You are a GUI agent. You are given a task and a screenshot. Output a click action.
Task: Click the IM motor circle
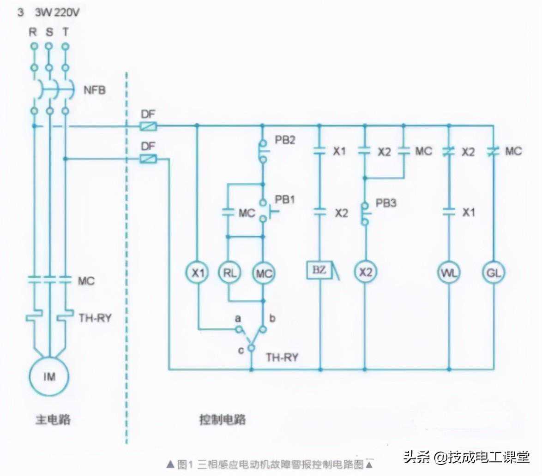point(49,376)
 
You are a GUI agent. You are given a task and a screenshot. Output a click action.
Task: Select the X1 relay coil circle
point(198,273)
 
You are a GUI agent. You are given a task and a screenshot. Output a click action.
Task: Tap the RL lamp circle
point(229,273)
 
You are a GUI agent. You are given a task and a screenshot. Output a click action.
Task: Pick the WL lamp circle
point(449,273)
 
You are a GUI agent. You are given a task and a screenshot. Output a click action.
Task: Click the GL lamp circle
point(493,273)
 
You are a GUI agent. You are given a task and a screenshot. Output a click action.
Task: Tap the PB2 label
point(285,140)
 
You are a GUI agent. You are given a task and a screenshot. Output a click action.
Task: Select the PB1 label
point(285,200)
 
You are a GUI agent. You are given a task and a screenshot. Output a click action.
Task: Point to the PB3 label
point(386,203)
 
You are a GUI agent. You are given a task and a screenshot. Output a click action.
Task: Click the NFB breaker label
point(94,90)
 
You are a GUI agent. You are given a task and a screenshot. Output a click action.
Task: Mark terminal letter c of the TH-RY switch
point(241,350)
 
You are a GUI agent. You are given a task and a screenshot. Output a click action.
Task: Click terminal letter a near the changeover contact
point(238,318)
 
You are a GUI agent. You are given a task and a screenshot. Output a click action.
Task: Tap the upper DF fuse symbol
point(148,125)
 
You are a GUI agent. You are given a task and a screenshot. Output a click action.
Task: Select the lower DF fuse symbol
point(148,159)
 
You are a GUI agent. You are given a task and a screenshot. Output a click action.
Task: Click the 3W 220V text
point(57,13)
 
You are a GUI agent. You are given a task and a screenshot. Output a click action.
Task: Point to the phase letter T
point(65,32)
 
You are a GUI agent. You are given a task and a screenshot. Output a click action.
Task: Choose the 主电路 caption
point(54,420)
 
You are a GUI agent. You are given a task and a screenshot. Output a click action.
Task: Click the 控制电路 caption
point(223,420)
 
